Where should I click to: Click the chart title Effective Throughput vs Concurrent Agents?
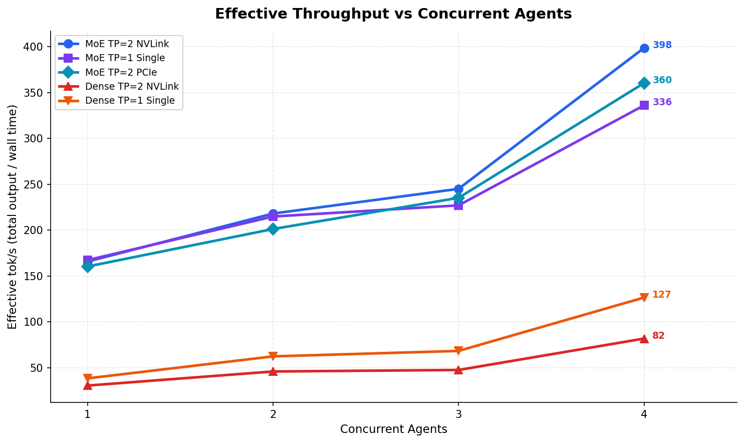click(393, 14)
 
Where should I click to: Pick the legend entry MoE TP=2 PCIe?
click(121, 73)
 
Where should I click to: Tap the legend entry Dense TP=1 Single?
click(130, 101)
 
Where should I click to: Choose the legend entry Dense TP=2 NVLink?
click(132, 87)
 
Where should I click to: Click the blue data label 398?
click(662, 46)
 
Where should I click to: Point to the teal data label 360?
click(662, 80)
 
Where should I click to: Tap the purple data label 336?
click(662, 102)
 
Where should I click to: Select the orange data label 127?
click(661, 295)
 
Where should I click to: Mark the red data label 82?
click(658, 336)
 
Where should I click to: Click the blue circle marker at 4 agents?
click(644, 48)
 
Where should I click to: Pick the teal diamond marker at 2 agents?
click(273, 229)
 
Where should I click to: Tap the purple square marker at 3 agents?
click(458, 205)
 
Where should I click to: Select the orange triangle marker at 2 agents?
click(273, 356)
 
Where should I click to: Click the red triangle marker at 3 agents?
click(458, 370)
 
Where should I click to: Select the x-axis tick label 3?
click(458, 414)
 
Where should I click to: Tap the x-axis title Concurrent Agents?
click(393, 429)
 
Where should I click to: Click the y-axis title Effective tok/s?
click(13, 216)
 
